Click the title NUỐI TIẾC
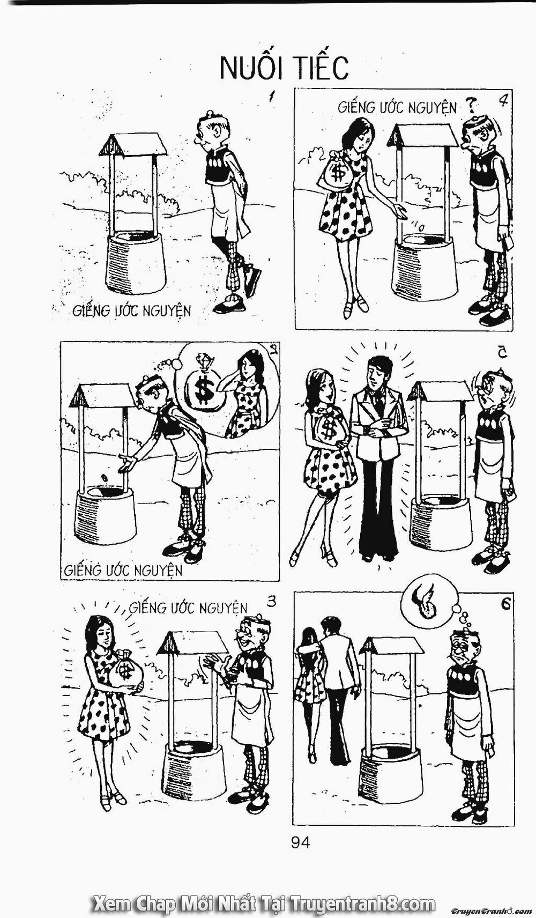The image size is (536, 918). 284,68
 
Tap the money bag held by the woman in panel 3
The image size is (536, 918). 126,671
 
